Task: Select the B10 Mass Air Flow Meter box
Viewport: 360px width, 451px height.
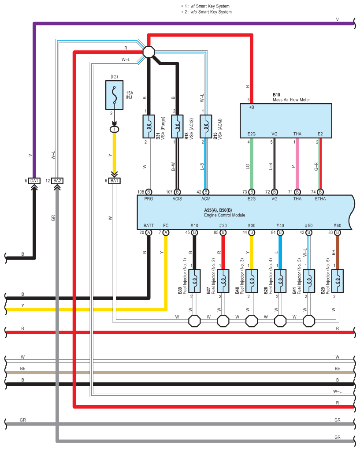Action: [x=286, y=120]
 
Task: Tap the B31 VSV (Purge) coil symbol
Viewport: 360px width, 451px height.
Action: [x=149, y=127]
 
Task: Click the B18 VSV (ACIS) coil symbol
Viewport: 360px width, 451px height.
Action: [x=178, y=127]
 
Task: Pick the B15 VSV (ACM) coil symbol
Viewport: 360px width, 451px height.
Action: [x=206, y=127]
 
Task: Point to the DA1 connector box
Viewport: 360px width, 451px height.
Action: [x=34, y=181]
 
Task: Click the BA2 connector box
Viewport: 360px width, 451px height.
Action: [x=57, y=181]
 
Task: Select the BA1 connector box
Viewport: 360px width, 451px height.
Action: [x=115, y=181]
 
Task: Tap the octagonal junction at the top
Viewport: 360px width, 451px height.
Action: [x=149, y=52]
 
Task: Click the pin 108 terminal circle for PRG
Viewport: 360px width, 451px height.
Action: [x=149, y=192]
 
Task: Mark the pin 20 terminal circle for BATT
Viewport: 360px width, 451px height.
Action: [x=149, y=232]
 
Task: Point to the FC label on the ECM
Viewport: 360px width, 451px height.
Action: [x=166, y=225]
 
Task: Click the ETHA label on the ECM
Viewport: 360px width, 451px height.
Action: [x=320, y=199]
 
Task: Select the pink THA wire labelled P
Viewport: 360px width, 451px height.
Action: [x=297, y=163]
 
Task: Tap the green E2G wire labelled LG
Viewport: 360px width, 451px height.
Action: [x=252, y=163]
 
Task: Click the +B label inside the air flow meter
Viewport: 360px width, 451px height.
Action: [x=252, y=107]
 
